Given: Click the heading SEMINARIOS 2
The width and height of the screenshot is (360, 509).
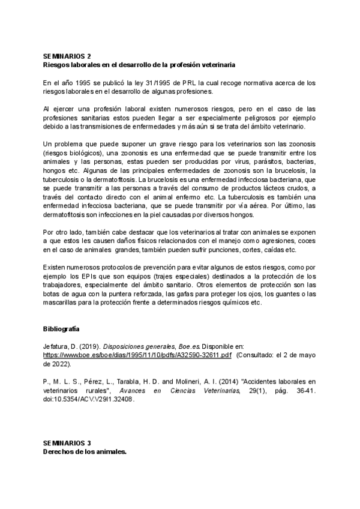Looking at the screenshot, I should pyautogui.click(x=67, y=54).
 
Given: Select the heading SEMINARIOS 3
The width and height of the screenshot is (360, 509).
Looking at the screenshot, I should pyautogui.click(x=67, y=443).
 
